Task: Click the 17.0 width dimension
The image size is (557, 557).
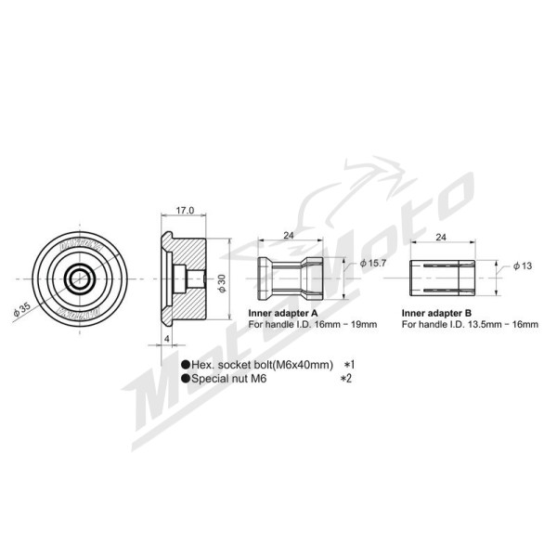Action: [185, 211]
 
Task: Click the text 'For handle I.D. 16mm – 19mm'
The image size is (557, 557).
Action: [312, 325]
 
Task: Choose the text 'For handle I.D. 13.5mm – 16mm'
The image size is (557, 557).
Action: [470, 325]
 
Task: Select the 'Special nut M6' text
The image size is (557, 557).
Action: [228, 379]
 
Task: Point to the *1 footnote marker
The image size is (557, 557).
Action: [349, 365]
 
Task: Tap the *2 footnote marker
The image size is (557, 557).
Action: [349, 379]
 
